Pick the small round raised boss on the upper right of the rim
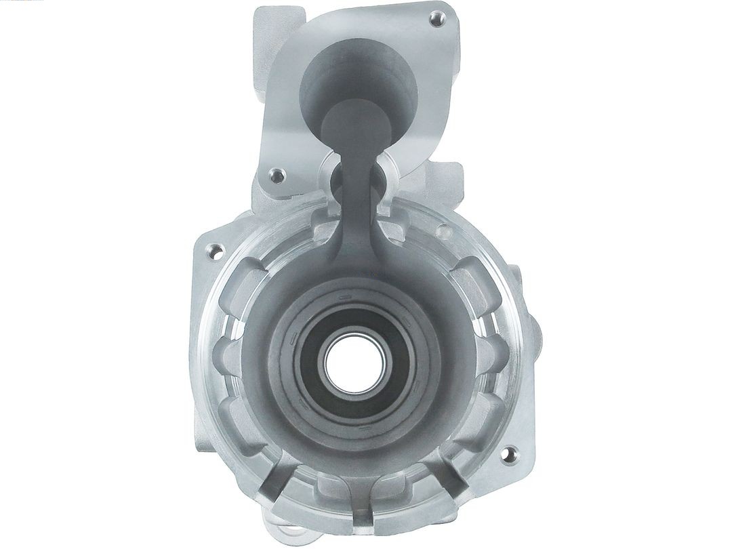pos(444,232)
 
